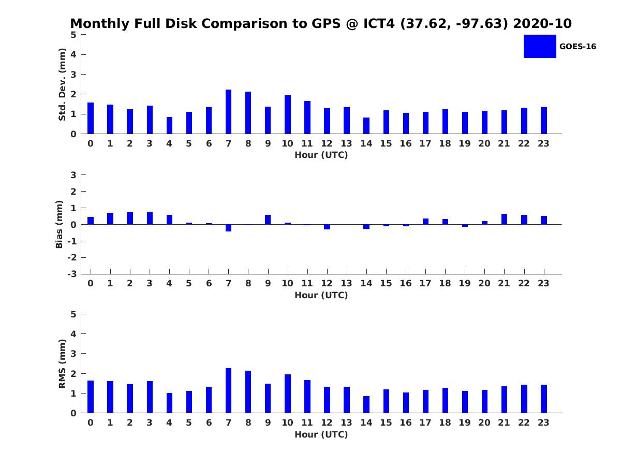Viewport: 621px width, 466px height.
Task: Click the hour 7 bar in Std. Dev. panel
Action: coord(228,112)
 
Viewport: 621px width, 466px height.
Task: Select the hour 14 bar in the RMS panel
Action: coord(366,404)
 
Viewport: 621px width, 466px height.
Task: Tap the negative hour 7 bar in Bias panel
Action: coord(228,228)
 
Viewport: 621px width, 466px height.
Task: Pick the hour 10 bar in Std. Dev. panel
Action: coord(288,114)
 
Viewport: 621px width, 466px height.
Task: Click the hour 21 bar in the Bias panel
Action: coord(504,219)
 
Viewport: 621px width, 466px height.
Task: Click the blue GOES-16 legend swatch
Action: coord(540,46)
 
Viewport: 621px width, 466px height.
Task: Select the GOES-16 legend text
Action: coord(578,47)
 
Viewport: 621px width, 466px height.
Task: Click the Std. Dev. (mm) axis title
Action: coord(62,84)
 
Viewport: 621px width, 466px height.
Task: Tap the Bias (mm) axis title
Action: coord(60,225)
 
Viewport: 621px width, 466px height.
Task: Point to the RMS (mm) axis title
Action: coord(62,363)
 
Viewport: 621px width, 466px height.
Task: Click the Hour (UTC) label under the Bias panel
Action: coord(321,295)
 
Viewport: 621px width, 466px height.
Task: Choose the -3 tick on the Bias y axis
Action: coord(73,274)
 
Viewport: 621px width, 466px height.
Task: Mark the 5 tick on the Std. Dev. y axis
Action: coord(73,35)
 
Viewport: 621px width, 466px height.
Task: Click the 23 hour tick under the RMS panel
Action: coord(543,423)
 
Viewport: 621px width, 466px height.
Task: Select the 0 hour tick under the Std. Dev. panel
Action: coord(91,143)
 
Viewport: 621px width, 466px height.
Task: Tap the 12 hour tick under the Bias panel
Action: coord(327,283)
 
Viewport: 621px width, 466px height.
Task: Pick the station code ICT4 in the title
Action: coord(374,24)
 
